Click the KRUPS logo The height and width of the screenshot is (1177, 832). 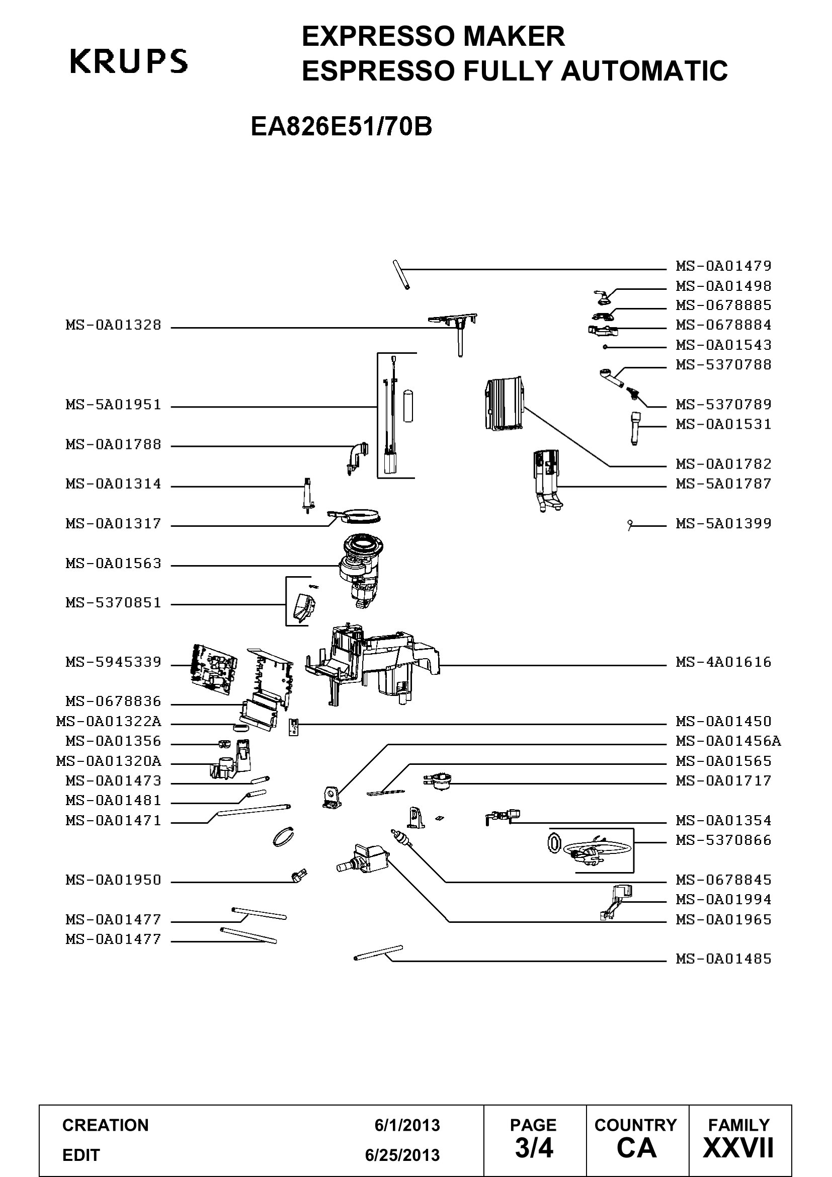[129, 61]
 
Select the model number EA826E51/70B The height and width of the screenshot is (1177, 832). [341, 127]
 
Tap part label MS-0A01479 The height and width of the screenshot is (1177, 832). [723, 266]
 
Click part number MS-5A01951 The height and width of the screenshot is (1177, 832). [113, 405]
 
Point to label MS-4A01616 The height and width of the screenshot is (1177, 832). [723, 662]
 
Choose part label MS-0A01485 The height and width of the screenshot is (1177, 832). [723, 959]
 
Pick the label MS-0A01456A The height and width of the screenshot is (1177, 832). [728, 741]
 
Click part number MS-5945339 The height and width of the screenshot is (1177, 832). [113, 662]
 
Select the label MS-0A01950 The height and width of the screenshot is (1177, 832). [113, 880]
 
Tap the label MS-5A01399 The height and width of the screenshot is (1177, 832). [723, 524]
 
